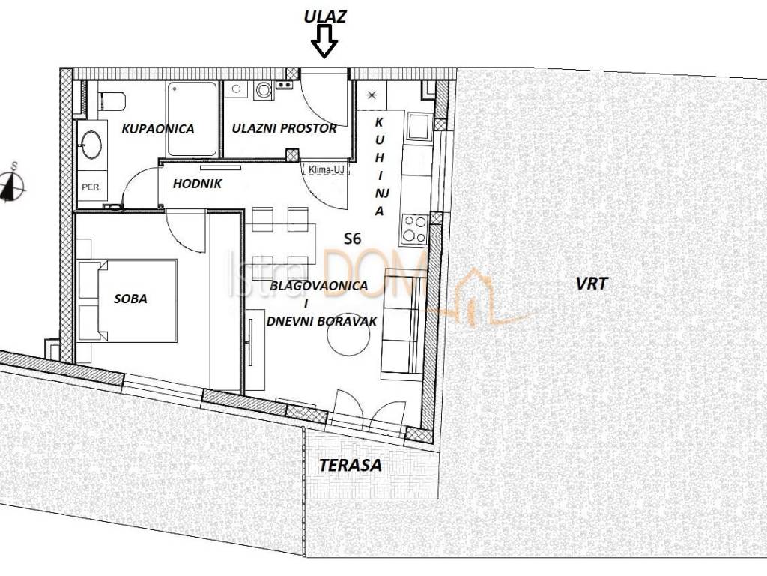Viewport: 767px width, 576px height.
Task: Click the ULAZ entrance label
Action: pyautogui.click(x=324, y=16)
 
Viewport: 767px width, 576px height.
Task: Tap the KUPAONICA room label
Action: pyautogui.click(x=157, y=129)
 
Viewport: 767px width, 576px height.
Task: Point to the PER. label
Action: pyautogui.click(x=93, y=186)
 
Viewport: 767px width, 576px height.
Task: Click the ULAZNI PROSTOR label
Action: pyautogui.click(x=284, y=128)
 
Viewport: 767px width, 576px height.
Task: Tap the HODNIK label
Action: pyautogui.click(x=197, y=184)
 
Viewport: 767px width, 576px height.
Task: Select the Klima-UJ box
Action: pyautogui.click(x=322, y=169)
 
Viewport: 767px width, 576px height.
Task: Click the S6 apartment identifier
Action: pyautogui.click(x=352, y=239)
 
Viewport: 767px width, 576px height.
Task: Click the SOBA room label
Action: pyautogui.click(x=130, y=298)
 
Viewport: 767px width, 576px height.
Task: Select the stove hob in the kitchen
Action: pyautogui.click(x=414, y=228)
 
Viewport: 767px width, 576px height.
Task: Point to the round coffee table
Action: pyautogui.click(x=348, y=341)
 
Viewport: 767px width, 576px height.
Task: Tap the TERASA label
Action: pyautogui.click(x=350, y=465)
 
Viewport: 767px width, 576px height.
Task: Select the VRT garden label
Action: pyautogui.click(x=592, y=283)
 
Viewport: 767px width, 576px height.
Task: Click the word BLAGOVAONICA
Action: pyautogui.click(x=318, y=286)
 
